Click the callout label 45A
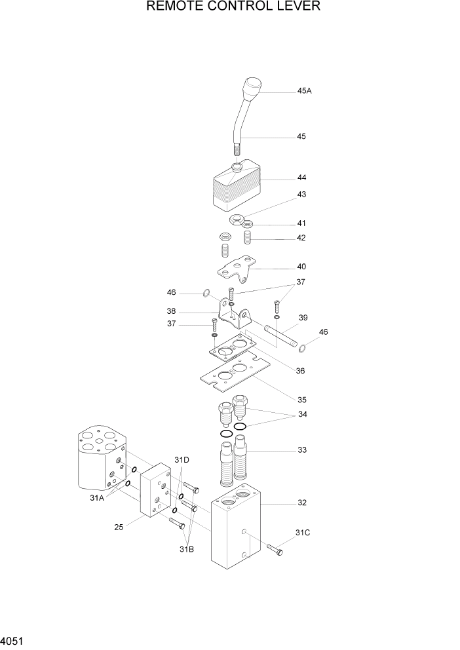pyautogui.click(x=304, y=91)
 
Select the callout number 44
pyautogui.click(x=301, y=178)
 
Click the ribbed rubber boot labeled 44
pyautogui.click(x=236, y=190)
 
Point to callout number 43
pyautogui.click(x=301, y=195)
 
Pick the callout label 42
pyautogui.click(x=301, y=238)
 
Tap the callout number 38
pyautogui.click(x=170, y=312)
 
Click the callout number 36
pyautogui.click(x=301, y=371)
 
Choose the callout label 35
pyautogui.click(x=301, y=400)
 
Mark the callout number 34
pyautogui.click(x=301, y=414)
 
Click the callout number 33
pyautogui.click(x=301, y=450)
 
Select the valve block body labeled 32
pyautogui.click(x=236, y=537)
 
